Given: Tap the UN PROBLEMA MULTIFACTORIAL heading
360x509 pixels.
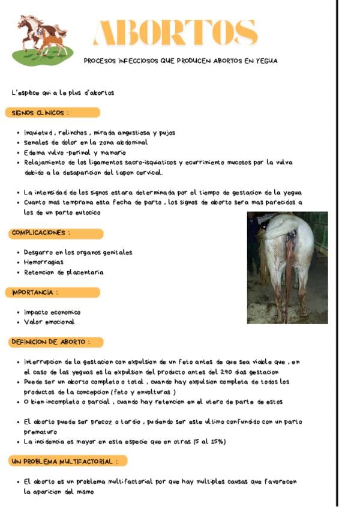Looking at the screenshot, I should pos(68,461).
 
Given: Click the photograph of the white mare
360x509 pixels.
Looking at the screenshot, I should pos(287,267).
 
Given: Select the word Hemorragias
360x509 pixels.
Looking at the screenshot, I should pos(44,262).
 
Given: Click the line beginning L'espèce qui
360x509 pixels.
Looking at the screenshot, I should pos(62,92).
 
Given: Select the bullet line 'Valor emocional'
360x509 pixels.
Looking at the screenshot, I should pos(49,322).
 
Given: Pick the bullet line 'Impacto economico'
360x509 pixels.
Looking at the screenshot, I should pos(52,312).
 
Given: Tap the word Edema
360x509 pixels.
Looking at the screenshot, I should pos(35,152).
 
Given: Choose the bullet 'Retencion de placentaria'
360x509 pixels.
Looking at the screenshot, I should pos(64,272).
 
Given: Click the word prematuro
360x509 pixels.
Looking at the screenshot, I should pos(41,432).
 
